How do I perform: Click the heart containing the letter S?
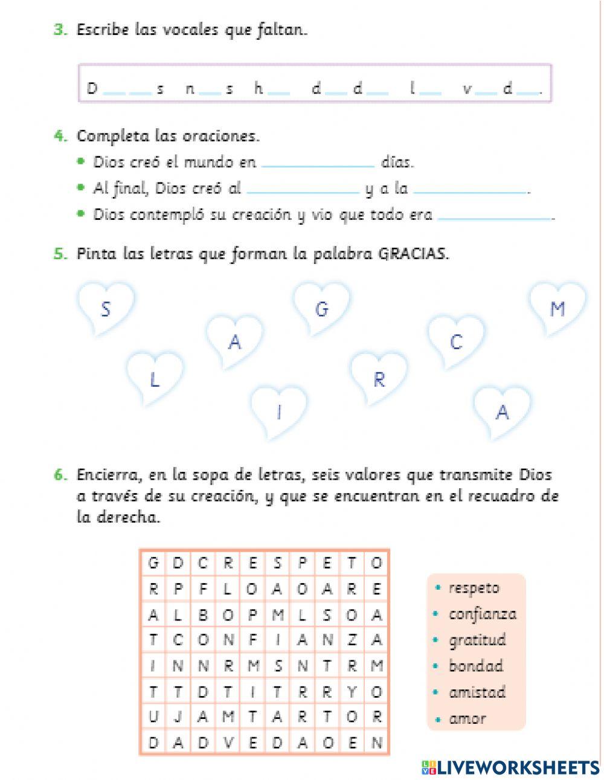point(106,309)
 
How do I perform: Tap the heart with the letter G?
point(322,309)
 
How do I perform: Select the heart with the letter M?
point(557,309)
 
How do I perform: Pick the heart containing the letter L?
point(155,379)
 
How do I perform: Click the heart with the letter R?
point(379,379)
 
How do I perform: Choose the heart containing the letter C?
point(456,342)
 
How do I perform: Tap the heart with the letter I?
point(279,412)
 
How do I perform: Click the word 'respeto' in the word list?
point(474,588)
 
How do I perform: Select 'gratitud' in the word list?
point(477,640)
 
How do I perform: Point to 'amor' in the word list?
point(467,719)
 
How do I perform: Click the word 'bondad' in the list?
point(475,666)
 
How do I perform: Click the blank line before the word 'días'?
point(318,164)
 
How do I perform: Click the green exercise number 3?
point(60,30)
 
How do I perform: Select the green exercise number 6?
point(60,475)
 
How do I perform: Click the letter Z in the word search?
point(352,639)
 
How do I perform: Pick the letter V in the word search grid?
point(228,743)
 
